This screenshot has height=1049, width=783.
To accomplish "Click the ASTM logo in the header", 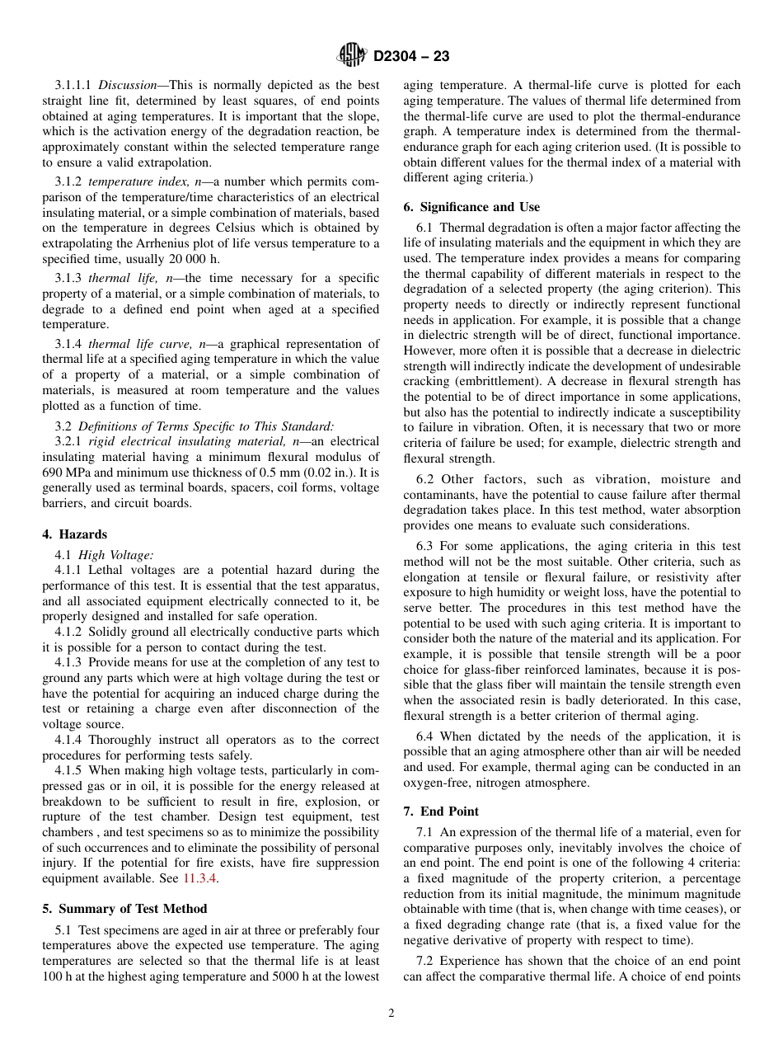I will click(x=352, y=56).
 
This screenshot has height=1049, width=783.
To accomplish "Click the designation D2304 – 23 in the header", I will click(x=411, y=57).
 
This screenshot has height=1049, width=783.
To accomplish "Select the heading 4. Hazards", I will click(x=74, y=534).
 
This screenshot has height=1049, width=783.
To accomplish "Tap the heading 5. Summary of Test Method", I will click(x=124, y=909).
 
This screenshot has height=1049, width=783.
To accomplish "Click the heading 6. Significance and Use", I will click(x=471, y=207).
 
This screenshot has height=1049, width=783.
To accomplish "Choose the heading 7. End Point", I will click(x=441, y=811).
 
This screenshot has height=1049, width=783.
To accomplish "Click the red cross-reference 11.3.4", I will click(x=206, y=878).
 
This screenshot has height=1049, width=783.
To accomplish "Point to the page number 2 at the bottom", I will click(x=391, y=1013).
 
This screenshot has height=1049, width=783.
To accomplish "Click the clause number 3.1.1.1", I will click(x=74, y=85).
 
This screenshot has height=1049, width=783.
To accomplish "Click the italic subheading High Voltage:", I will click(x=115, y=555).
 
